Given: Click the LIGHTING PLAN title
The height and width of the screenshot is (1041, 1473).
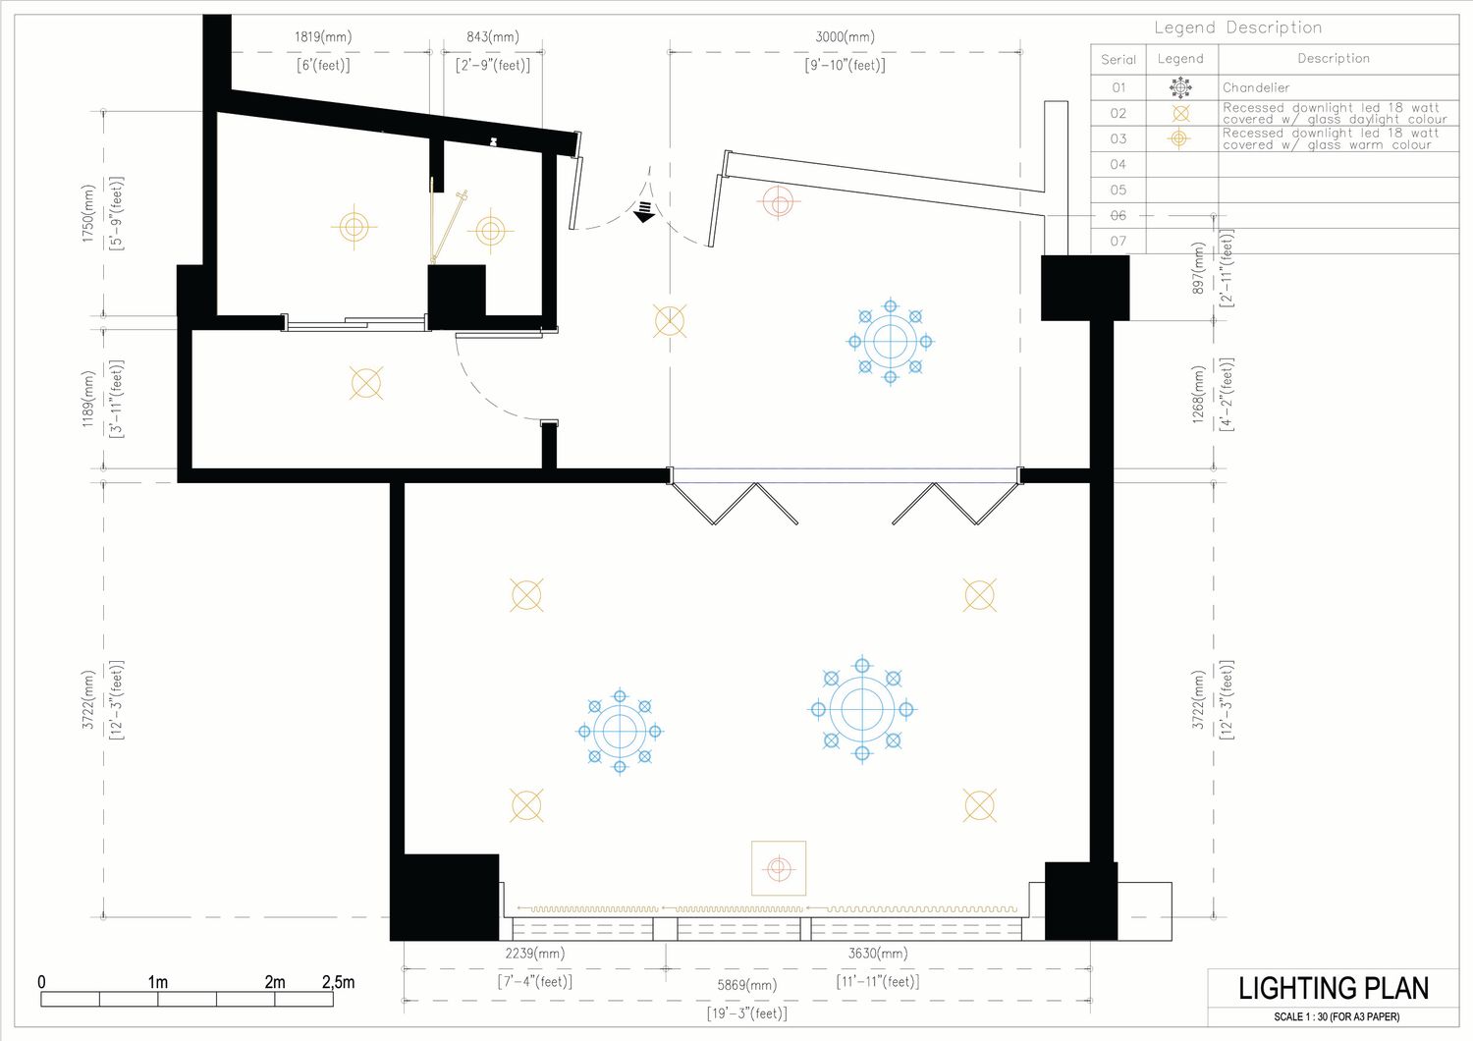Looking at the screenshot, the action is (x=1333, y=988).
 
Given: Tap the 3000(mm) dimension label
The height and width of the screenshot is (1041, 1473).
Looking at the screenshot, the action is (x=845, y=36).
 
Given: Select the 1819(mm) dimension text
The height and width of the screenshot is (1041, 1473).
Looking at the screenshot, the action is (x=323, y=36).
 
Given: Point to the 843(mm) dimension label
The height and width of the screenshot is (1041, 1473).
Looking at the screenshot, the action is (x=493, y=36).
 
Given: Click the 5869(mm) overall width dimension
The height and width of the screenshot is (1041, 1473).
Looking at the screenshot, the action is (x=747, y=985).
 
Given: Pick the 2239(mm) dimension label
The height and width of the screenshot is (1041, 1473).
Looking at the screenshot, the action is (x=534, y=954).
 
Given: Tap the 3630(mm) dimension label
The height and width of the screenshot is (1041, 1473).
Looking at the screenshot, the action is (x=878, y=954).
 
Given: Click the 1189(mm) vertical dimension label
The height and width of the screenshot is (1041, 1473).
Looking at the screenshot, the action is (x=88, y=399).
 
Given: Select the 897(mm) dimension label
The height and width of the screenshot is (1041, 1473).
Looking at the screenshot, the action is (x=1198, y=268).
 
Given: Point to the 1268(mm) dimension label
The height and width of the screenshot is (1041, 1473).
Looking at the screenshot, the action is (x=1198, y=395).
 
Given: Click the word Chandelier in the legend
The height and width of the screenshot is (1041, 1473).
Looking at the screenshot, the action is (x=1256, y=87).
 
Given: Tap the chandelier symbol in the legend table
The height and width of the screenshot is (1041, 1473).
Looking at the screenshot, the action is (x=1180, y=87).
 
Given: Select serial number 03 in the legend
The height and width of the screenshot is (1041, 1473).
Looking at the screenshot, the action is (x=1118, y=138).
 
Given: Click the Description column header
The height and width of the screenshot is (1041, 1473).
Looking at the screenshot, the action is (x=1334, y=59).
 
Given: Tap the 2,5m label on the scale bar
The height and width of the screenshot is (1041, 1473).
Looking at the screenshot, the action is (x=338, y=982).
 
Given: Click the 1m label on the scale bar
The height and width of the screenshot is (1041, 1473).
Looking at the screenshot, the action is (x=158, y=982).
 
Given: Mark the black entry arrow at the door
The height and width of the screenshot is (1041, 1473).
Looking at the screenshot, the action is (x=644, y=212).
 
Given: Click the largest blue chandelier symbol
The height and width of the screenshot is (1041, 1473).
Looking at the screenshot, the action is (x=862, y=710).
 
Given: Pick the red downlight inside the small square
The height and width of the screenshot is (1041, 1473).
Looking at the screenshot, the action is (x=779, y=869).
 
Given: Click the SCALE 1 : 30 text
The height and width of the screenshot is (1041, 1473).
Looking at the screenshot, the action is (x=1337, y=1016).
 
